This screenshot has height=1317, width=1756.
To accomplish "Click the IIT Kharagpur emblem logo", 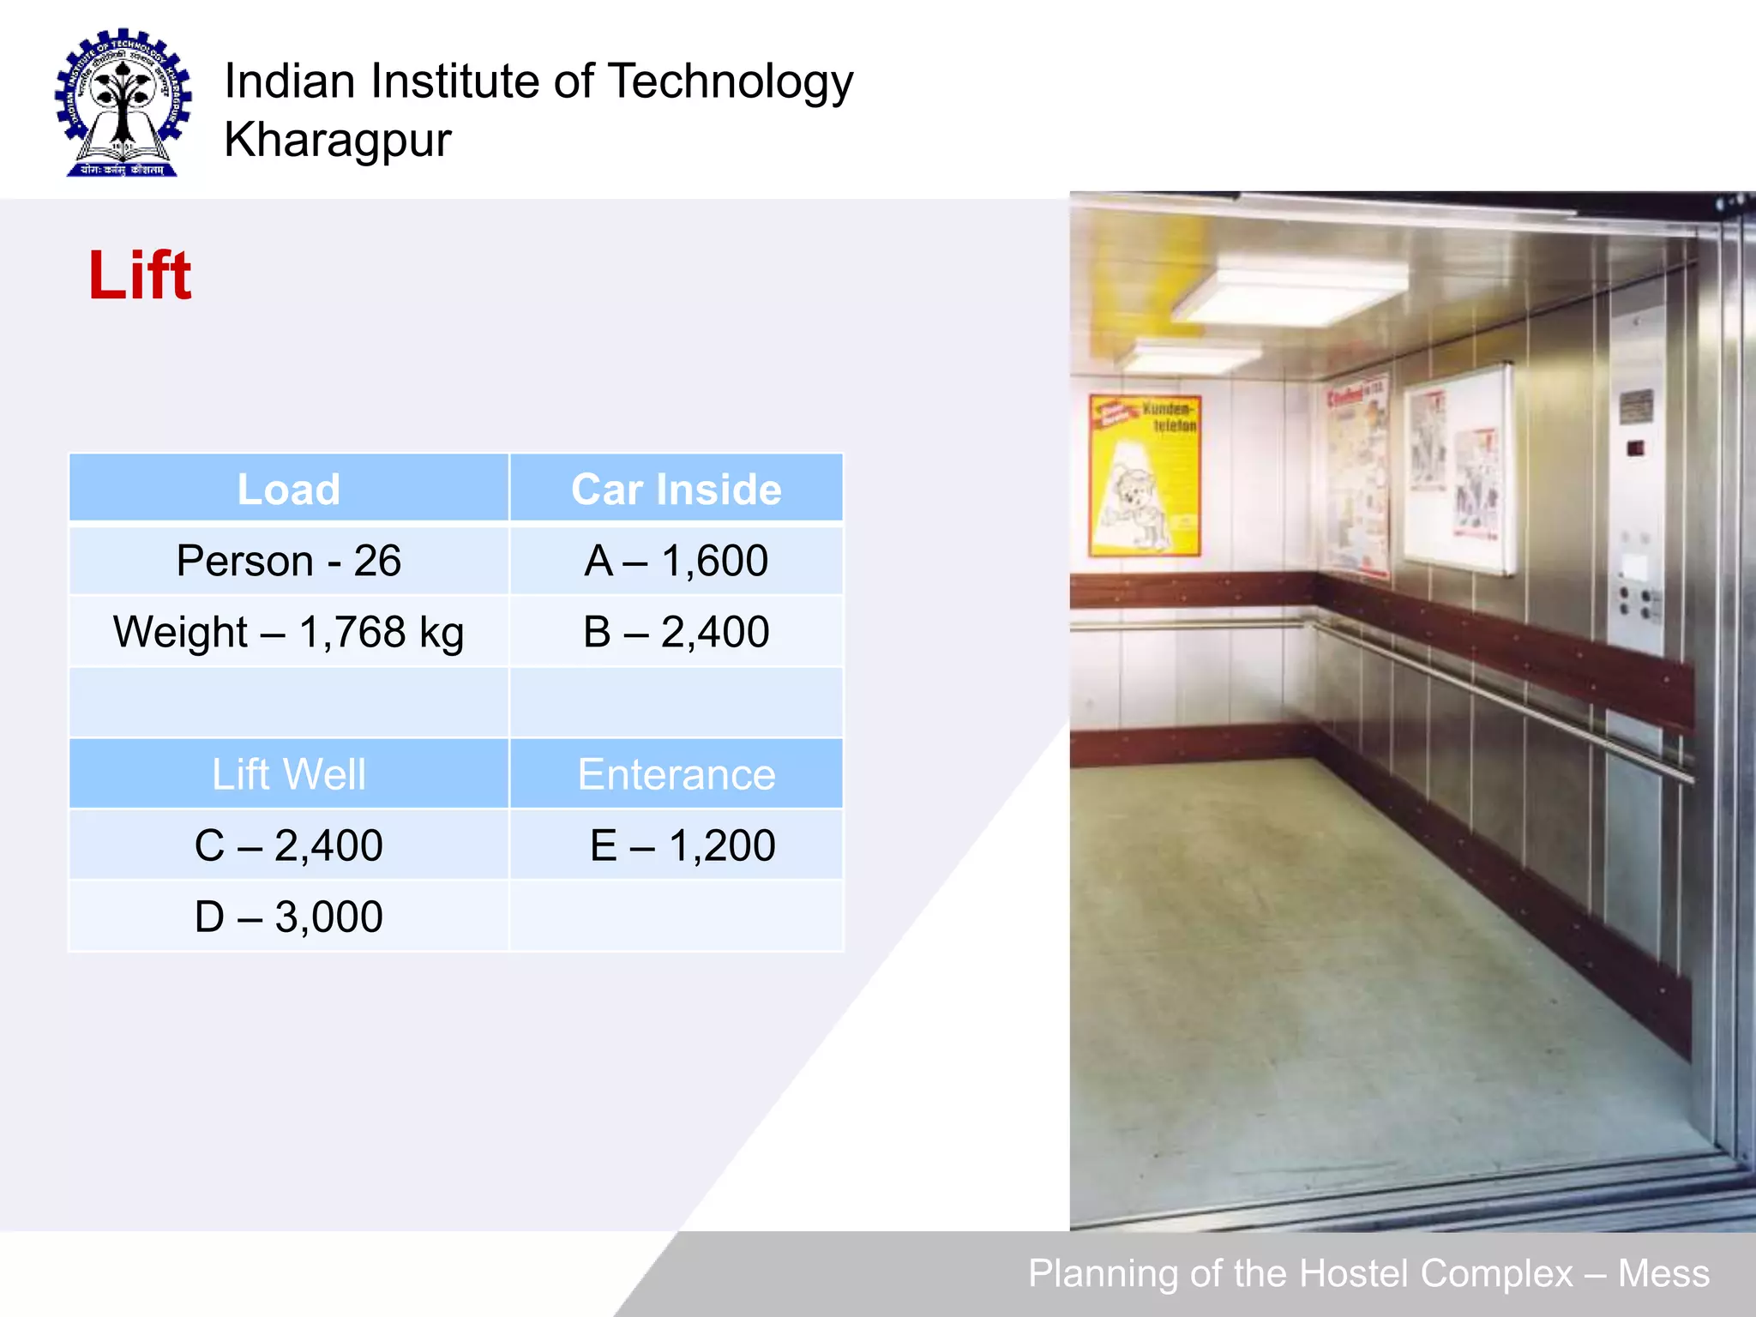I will click(123, 103).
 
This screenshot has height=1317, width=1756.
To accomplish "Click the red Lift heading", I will click(140, 275).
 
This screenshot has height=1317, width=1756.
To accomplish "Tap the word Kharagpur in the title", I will click(337, 140).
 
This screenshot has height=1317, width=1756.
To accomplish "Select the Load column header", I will click(288, 489).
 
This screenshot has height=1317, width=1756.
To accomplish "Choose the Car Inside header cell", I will click(676, 489).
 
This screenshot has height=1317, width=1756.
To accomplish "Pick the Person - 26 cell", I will click(288, 561).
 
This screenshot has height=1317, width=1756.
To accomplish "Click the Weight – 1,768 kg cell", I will click(288, 632).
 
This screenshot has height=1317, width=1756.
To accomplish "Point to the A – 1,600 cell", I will click(676, 561).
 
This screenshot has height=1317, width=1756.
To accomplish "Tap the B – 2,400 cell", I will click(676, 632).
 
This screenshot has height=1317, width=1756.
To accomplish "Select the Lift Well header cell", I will click(288, 773).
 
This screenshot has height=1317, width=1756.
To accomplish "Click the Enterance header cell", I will click(676, 773).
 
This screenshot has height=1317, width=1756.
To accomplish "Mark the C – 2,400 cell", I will click(288, 845).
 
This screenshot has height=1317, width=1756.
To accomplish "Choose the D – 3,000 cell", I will click(288, 916).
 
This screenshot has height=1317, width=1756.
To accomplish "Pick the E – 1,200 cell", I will click(682, 845).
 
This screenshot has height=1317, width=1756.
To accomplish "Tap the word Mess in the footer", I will click(1663, 1273).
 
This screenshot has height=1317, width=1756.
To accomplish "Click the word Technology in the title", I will click(731, 82).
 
